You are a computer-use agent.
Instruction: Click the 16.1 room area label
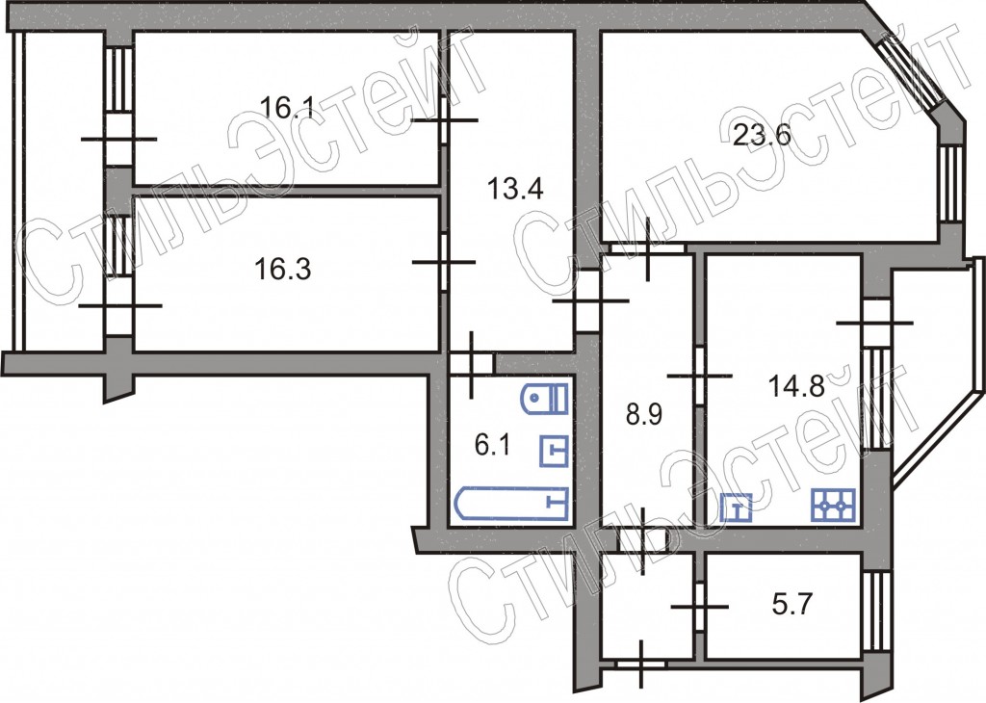pos(286,108)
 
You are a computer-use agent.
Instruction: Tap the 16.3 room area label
pos(282,270)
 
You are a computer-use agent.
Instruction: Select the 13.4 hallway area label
pos(515,189)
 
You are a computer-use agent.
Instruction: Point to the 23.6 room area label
pos(762,135)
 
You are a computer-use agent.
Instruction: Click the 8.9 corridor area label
pos(644,415)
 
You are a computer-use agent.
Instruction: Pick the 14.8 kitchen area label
pos(796,385)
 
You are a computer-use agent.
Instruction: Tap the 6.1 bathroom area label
pos(492,446)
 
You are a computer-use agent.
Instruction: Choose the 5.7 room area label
pos(792,605)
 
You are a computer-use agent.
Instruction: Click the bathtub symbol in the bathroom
pos(510,504)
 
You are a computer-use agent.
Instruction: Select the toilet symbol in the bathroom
pos(545,398)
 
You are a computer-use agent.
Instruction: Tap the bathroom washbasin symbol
pos(554,451)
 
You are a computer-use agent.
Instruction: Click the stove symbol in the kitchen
pos(833,506)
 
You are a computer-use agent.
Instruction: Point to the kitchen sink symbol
pos(736,508)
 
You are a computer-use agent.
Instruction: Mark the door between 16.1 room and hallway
pos(444,120)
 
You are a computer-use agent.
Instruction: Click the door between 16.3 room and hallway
pos(444,262)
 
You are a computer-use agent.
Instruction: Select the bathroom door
pos(472,363)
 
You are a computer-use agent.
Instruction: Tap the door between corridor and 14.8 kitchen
pos(699,376)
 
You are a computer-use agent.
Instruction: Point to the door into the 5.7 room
pos(699,606)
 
